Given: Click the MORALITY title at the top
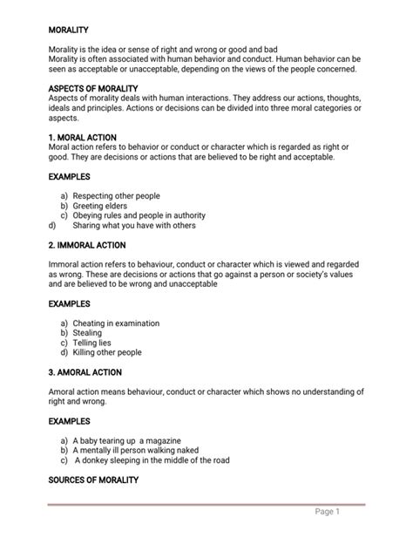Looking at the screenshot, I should point(70,30).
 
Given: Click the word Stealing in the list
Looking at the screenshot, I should point(87,333).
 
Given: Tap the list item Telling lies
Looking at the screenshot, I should point(92,343).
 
